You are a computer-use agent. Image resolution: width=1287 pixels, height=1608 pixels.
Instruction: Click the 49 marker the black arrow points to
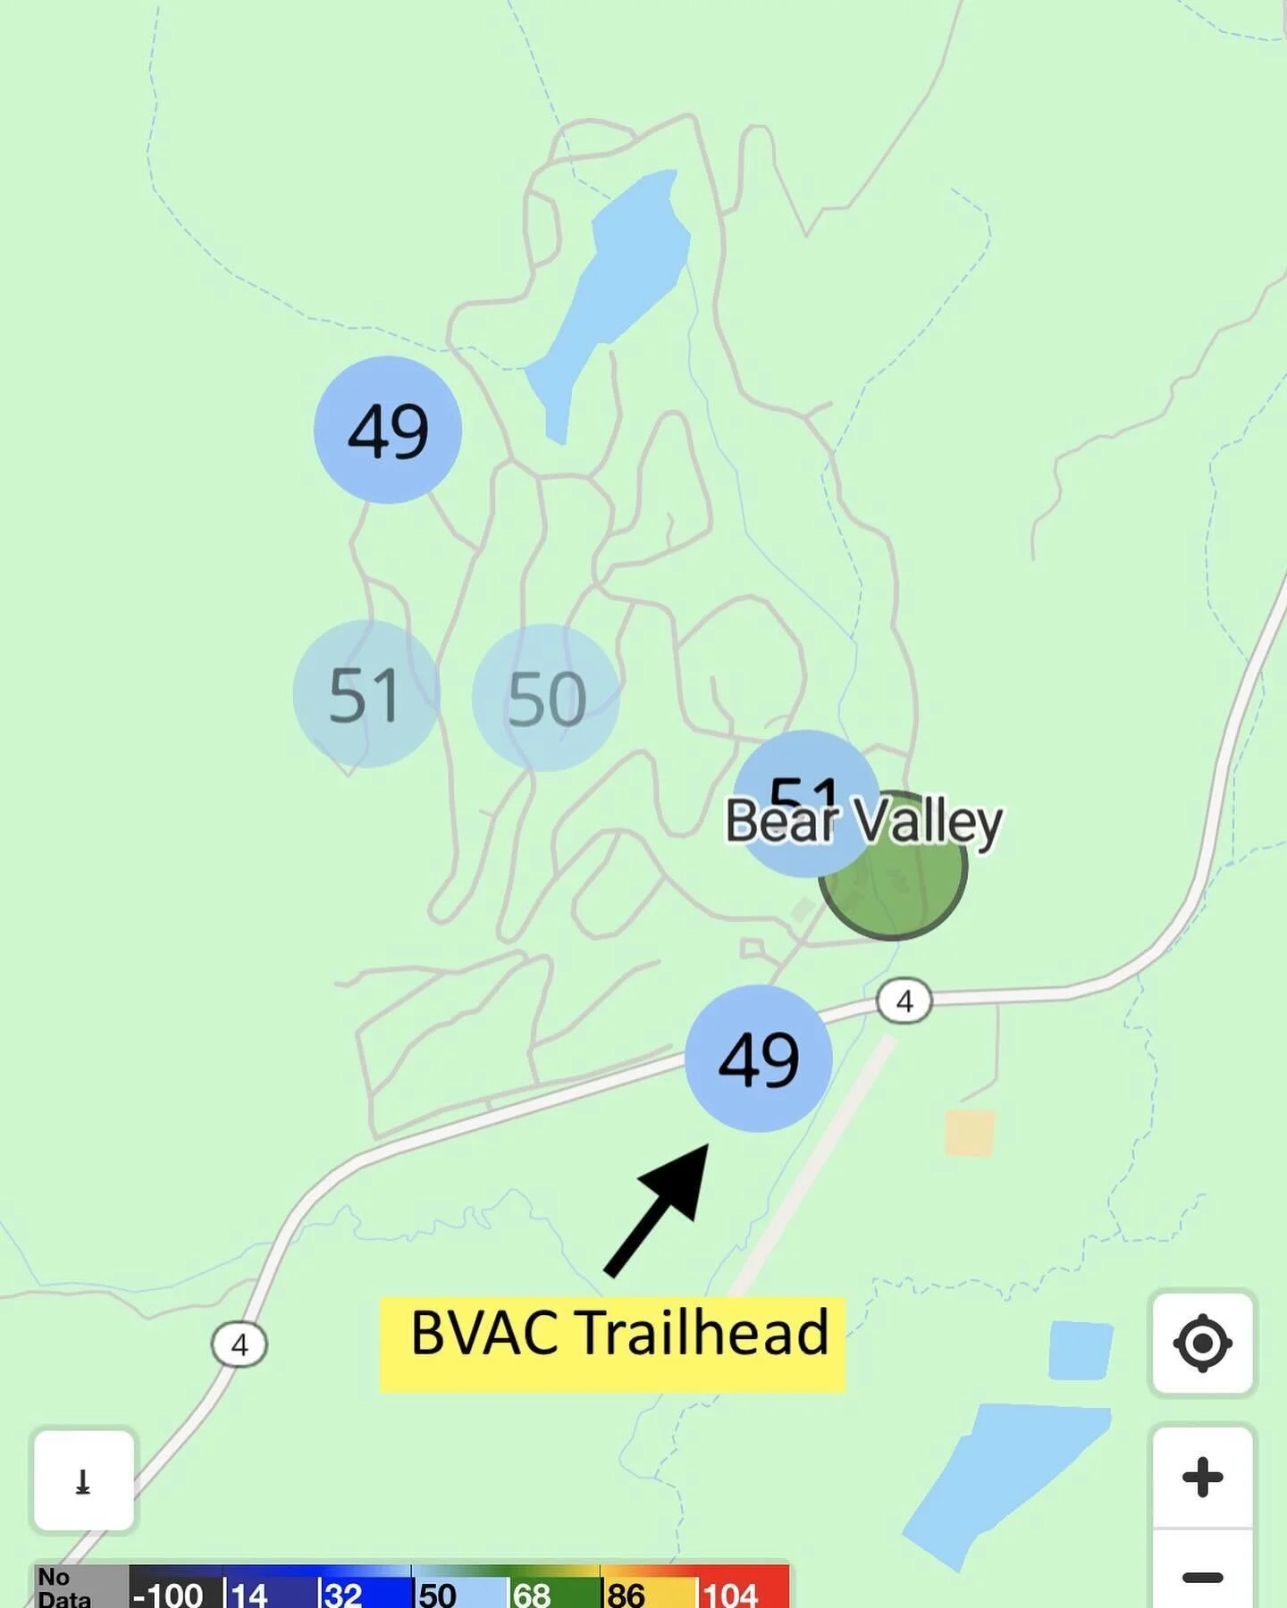(759, 1059)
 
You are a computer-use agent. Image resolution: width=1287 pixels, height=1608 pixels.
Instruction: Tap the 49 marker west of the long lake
(388, 430)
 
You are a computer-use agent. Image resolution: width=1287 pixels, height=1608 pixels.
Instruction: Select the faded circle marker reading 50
(546, 698)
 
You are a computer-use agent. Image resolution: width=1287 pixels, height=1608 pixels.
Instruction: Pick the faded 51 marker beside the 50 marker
(366, 694)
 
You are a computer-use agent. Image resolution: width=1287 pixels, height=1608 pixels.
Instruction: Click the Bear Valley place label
(863, 822)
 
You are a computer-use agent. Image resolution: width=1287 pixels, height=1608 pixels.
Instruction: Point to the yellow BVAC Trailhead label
(613, 1343)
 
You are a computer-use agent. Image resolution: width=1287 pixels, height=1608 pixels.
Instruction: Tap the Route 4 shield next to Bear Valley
(904, 1001)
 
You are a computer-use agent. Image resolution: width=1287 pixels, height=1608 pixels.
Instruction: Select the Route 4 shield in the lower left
(240, 1344)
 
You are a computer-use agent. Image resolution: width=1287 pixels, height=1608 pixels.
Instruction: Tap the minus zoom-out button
(1202, 1578)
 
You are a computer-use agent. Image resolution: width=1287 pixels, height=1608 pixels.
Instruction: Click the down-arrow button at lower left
(84, 1480)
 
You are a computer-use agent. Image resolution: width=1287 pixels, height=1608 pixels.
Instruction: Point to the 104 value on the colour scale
(731, 1593)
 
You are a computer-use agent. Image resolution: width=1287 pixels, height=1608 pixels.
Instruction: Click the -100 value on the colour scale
(170, 1594)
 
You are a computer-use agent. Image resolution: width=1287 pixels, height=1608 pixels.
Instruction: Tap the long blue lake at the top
(617, 286)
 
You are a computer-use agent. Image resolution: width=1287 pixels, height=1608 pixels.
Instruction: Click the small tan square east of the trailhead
(970, 1133)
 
